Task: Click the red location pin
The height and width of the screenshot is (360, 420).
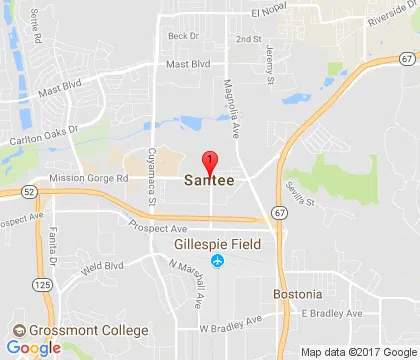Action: coord(209,163)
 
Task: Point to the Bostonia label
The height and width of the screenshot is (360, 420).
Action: coord(298,295)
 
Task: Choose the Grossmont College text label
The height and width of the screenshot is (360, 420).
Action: coord(90,331)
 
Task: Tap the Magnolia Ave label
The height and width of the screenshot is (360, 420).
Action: coord(230,98)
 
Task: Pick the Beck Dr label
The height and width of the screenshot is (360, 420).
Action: coord(177,36)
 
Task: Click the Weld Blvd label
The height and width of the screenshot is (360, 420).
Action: coord(101,267)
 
